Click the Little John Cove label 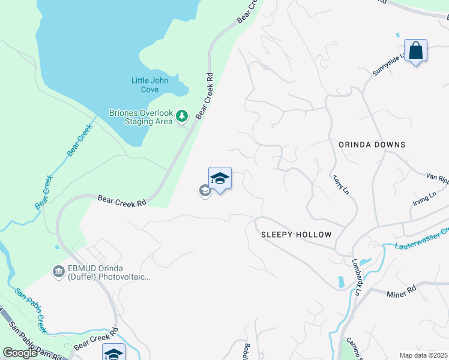point(150,85)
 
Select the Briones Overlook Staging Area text point(141,117)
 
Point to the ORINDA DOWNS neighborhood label point(372,145)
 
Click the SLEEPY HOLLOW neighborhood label point(297,235)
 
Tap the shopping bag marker point(415,52)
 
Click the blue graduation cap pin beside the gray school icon point(220,179)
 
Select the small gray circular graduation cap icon point(205,191)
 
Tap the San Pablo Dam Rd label point(35,341)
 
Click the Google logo point(19,353)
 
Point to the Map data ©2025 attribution point(423,355)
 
